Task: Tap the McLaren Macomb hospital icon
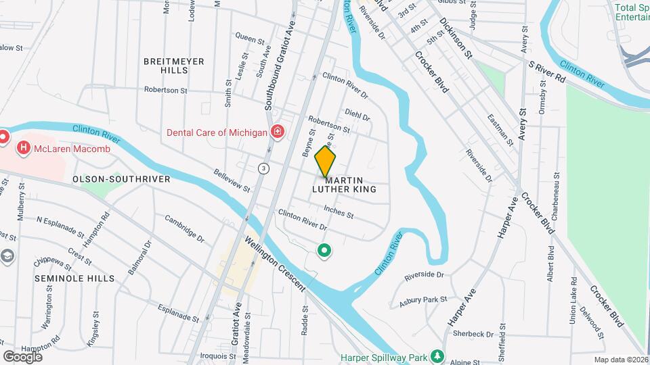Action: pos(24,146)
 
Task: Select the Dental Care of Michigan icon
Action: pos(276,131)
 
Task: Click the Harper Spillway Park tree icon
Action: pos(437,356)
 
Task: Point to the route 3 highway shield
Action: pos(263,167)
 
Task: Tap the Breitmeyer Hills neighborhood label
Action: pos(173,66)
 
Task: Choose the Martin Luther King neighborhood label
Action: pos(350,185)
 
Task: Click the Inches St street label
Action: pos(339,212)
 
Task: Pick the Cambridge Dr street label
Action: pos(183,228)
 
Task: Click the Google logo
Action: pos(22,356)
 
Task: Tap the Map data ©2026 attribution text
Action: pos(620,360)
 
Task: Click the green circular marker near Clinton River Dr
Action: pos(324,251)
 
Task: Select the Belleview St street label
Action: pos(232,180)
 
